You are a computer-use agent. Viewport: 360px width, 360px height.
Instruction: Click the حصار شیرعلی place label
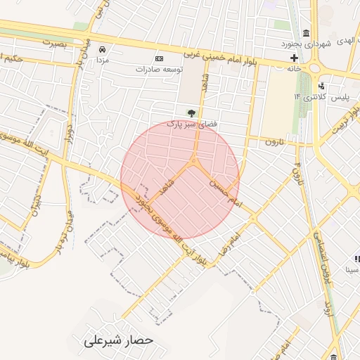113,340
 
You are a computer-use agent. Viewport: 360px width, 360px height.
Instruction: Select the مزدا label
103,61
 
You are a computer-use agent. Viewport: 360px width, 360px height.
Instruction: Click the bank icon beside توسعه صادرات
160,58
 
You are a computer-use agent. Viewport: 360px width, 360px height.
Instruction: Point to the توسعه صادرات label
160,70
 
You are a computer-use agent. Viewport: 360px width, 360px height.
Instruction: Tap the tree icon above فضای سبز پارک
190,112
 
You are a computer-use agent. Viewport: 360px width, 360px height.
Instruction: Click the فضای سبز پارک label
190,124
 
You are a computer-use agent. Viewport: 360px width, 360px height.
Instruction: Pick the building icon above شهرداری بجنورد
306,33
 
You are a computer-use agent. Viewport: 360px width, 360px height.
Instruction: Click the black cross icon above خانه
293,58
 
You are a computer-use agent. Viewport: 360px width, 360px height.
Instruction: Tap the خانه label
293,69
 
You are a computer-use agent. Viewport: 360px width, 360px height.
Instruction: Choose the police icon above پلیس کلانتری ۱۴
321,85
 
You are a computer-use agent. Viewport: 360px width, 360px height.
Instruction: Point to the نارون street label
275,143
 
